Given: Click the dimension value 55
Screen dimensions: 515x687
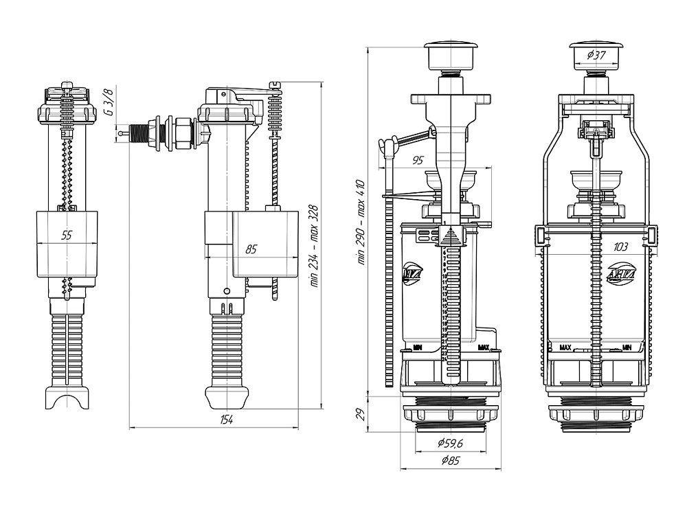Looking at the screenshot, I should tap(67, 236).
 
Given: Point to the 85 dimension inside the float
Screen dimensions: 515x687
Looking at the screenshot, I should tap(250, 249).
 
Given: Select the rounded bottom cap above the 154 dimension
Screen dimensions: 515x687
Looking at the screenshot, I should tap(226, 397).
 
